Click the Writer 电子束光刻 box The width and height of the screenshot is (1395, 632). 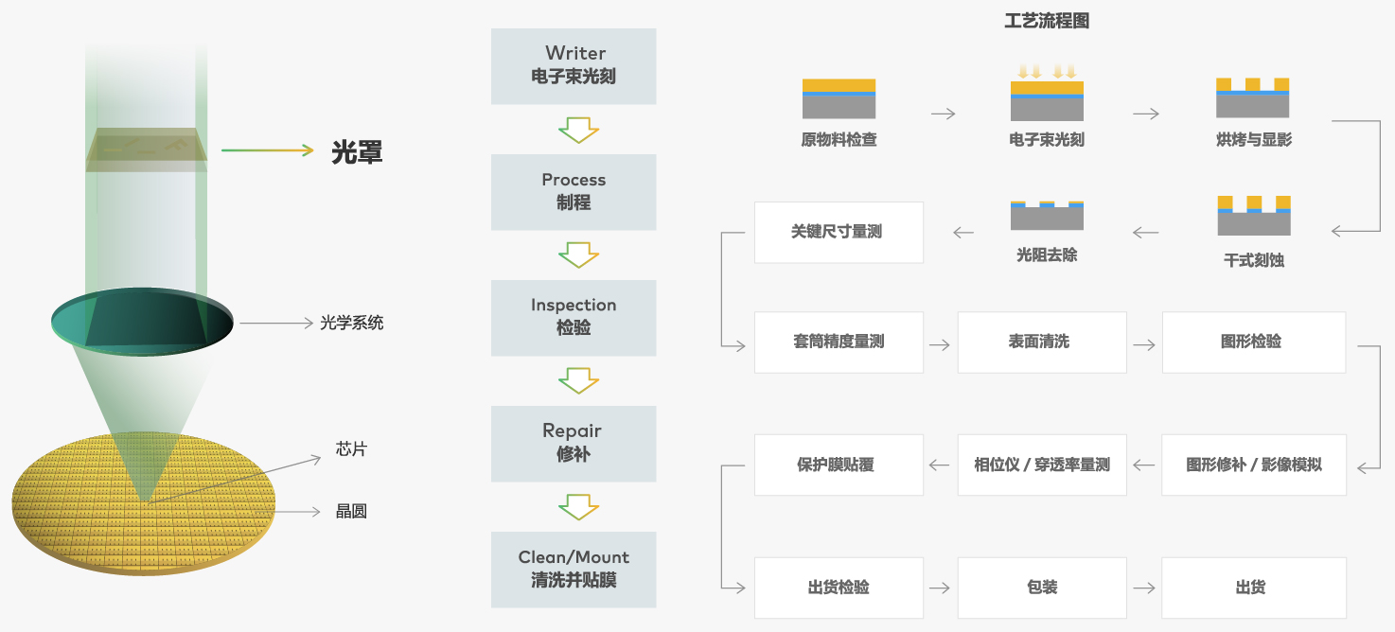point(574,66)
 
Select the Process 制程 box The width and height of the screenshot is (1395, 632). point(574,192)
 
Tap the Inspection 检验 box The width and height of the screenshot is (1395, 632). point(574,318)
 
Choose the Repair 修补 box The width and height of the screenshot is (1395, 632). point(574,444)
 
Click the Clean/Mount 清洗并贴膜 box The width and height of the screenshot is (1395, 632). point(574,570)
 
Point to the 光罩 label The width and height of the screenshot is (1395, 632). point(357,152)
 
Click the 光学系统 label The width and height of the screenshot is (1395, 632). point(351,323)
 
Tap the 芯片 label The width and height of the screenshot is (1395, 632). point(351,449)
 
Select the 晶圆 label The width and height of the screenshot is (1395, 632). point(351,511)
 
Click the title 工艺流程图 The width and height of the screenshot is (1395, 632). point(1047,21)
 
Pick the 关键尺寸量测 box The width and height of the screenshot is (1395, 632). point(839,232)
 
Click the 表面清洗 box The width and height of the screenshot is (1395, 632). point(1042,342)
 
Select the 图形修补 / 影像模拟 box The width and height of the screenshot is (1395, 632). point(1254,465)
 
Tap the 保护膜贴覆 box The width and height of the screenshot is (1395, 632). point(839,465)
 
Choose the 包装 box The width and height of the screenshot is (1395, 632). point(1042,588)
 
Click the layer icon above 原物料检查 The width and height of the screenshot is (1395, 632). point(839,98)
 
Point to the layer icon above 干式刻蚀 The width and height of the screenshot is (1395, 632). point(1254,216)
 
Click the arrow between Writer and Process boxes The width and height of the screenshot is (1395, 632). point(578,131)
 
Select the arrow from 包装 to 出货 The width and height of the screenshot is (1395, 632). point(1144,588)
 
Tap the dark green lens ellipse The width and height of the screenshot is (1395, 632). point(142,322)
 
